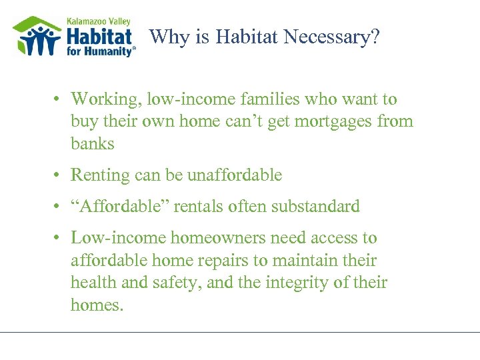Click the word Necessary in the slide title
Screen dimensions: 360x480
331,37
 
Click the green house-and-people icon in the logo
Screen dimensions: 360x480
37,37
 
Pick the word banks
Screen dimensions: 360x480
93,143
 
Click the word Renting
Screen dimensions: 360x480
99,175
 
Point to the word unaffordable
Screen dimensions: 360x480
235,175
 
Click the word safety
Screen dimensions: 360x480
177,283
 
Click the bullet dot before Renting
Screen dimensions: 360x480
59,176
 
